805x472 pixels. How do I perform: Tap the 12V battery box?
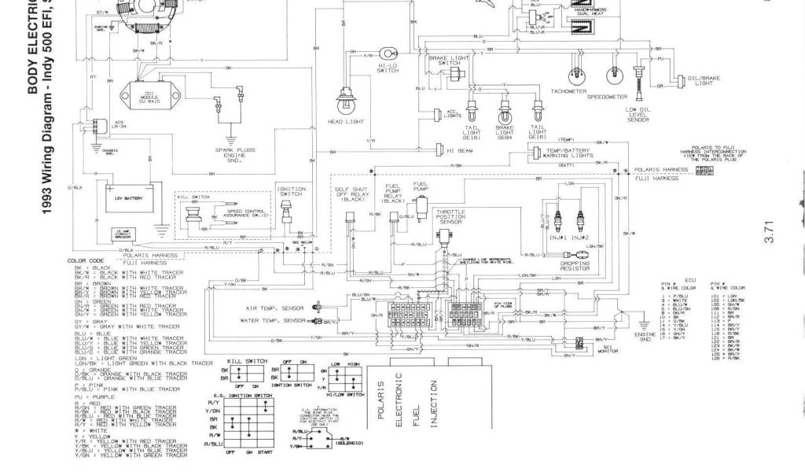(x=127, y=200)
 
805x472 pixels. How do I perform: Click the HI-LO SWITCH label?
(x=388, y=68)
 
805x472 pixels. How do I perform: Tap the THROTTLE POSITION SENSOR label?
(x=450, y=217)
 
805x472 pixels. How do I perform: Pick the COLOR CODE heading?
(x=86, y=260)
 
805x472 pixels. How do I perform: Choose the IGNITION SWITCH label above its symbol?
(x=285, y=191)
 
